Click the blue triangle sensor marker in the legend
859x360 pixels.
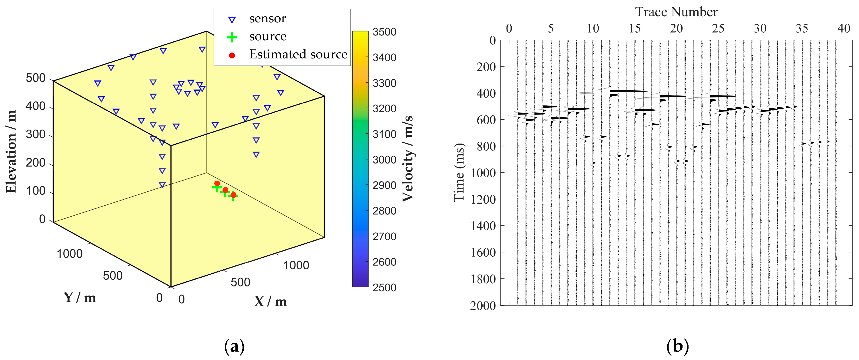[232, 20]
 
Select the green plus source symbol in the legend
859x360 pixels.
[232, 37]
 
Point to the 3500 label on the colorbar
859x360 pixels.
[384, 32]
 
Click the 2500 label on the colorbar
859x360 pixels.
[384, 287]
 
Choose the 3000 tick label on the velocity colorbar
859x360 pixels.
[384, 160]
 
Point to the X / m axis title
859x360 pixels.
[270, 302]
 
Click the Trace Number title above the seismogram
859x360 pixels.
[676, 12]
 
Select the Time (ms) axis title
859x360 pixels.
[459, 172]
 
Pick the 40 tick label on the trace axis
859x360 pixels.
[844, 28]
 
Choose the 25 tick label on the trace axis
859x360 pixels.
[718, 28]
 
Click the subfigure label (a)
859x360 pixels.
[235, 347]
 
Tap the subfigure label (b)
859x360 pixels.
[677, 347]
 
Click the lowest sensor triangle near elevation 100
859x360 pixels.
[162, 185]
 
